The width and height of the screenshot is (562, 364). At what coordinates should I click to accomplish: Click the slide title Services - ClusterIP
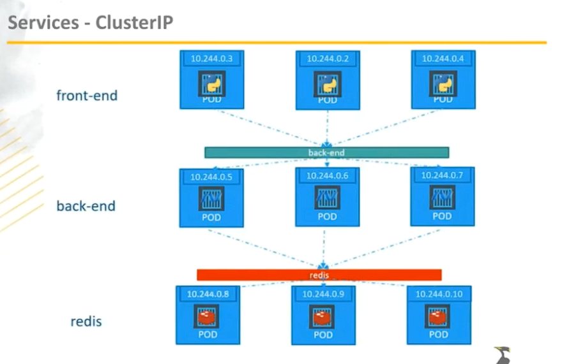[90, 23]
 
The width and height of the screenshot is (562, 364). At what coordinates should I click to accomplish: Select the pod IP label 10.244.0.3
[211, 59]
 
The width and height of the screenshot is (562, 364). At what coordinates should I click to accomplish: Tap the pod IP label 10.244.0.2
[327, 59]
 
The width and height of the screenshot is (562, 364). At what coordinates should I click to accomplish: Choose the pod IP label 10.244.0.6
[326, 175]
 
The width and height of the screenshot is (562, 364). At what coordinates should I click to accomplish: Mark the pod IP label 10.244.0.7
[442, 175]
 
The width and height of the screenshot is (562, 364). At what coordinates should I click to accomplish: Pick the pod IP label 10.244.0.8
[208, 294]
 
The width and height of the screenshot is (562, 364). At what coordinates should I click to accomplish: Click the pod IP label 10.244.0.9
[323, 294]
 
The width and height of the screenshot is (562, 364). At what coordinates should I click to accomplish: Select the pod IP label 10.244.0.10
[439, 294]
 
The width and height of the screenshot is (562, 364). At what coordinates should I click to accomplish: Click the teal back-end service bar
[326, 153]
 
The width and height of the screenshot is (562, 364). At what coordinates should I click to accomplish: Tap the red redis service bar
[319, 275]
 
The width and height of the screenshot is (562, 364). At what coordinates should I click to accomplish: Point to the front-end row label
[87, 96]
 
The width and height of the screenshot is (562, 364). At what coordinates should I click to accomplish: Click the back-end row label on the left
[86, 206]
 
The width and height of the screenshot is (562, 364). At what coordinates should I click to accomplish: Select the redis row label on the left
[86, 321]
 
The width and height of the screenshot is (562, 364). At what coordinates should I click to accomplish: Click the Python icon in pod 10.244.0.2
[327, 84]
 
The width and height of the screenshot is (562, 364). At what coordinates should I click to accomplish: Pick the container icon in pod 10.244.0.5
[211, 198]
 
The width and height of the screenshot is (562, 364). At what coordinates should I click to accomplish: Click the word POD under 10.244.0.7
[442, 216]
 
